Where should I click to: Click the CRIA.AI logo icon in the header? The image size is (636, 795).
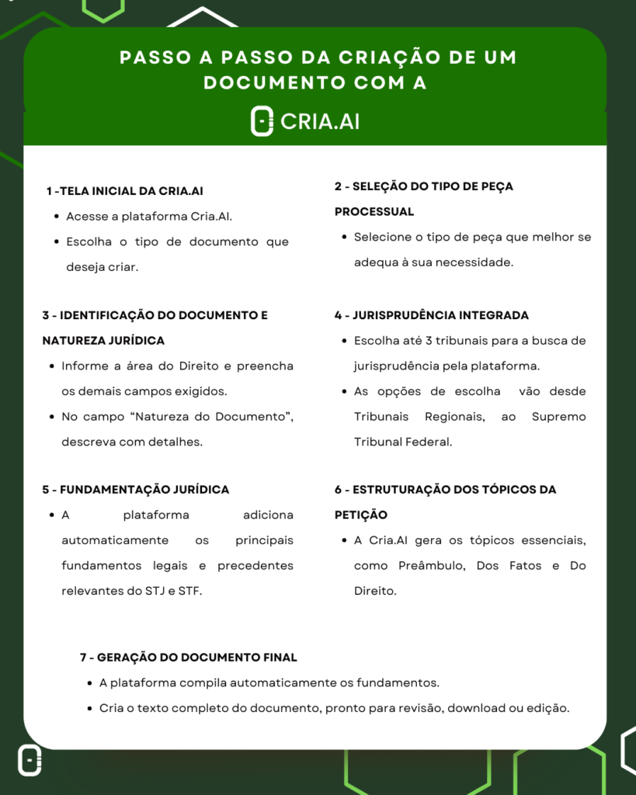click(262, 122)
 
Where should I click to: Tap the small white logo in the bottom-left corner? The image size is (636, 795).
click(30, 761)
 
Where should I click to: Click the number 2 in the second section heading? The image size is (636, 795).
click(339, 186)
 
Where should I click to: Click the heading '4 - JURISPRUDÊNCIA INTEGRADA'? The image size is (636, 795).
click(431, 315)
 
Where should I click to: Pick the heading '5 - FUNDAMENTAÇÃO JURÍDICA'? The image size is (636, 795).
click(135, 489)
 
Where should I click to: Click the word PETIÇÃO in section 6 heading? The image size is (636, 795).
click(360, 515)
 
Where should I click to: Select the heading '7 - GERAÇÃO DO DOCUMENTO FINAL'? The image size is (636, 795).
click(188, 657)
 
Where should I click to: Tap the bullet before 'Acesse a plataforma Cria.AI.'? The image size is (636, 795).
click(57, 217)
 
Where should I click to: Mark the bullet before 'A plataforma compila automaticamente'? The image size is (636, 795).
click(91, 683)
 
